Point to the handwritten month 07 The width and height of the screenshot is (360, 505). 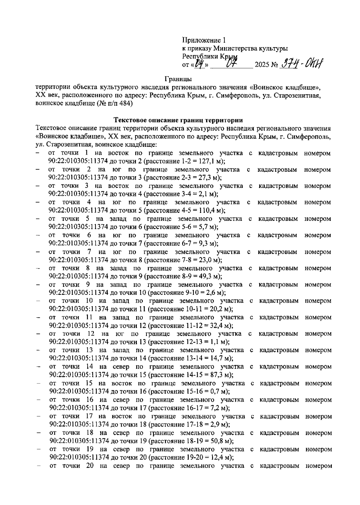click(x=232, y=64)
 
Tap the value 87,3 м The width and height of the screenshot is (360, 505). click(x=222, y=375)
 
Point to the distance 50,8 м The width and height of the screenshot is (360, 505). click(x=222, y=441)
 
